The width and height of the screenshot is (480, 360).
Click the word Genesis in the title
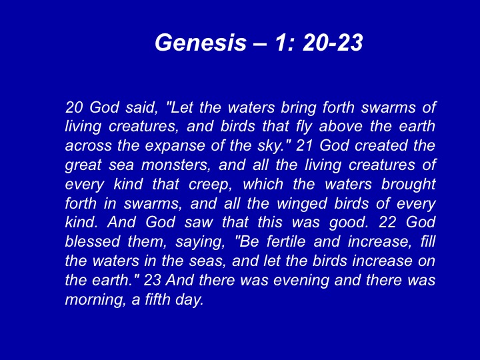[x=201, y=42]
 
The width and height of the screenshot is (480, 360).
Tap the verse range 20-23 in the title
[x=333, y=42]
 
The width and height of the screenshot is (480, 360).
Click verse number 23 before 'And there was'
[x=153, y=280]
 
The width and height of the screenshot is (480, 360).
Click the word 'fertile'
[x=286, y=241]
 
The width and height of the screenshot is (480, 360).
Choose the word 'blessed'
[x=93, y=241]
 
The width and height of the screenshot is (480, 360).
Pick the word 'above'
[x=341, y=127]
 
